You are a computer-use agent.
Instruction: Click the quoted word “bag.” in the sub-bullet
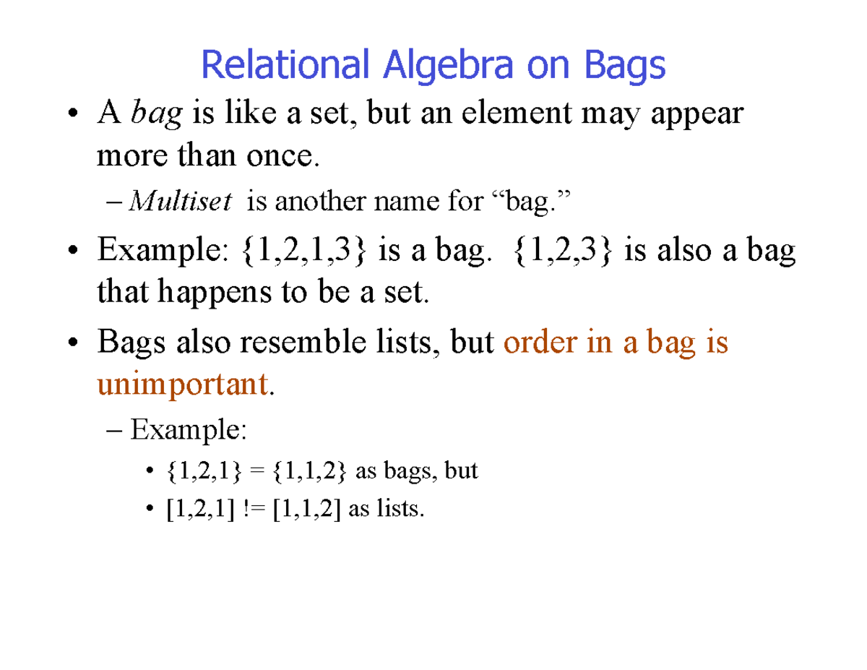click(525, 202)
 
